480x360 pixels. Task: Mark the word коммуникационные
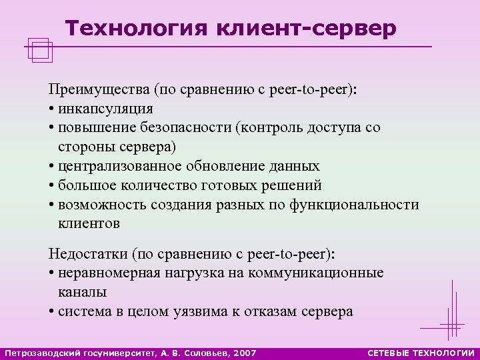point(326,273)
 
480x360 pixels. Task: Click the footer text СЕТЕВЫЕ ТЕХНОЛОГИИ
point(421,352)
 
